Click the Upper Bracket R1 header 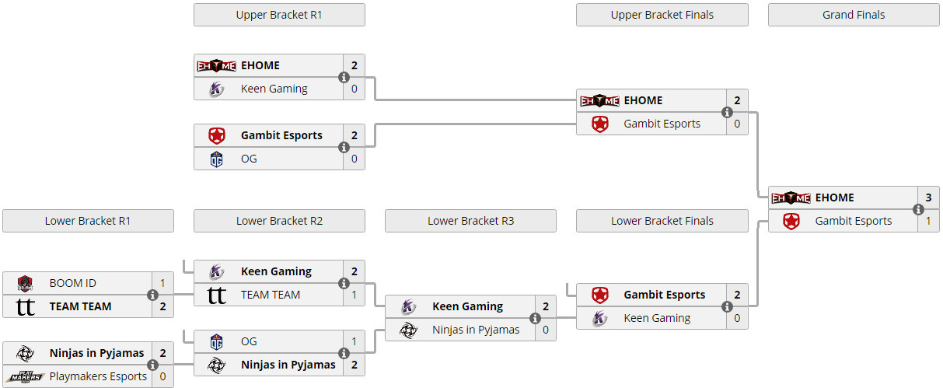click(x=278, y=15)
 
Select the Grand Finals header click(x=853, y=15)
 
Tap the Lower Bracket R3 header click(x=470, y=221)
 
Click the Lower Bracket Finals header click(x=662, y=221)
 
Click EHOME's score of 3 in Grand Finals click(x=928, y=197)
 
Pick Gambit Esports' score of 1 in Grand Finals click(x=928, y=221)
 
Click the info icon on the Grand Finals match click(x=918, y=209)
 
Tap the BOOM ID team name click(x=73, y=283)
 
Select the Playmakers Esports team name click(x=98, y=376)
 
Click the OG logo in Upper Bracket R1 click(x=217, y=159)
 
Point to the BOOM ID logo click(x=25, y=283)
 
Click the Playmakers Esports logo click(x=25, y=376)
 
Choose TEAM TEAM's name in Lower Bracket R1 click(x=80, y=306)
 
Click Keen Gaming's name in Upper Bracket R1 click(x=274, y=89)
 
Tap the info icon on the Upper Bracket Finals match click(x=727, y=112)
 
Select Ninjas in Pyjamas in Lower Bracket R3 click(x=476, y=330)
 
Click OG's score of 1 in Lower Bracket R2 click(x=354, y=341)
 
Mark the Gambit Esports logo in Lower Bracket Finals click(x=599, y=295)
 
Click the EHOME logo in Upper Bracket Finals click(x=599, y=100)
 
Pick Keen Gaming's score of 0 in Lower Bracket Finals click(x=736, y=318)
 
